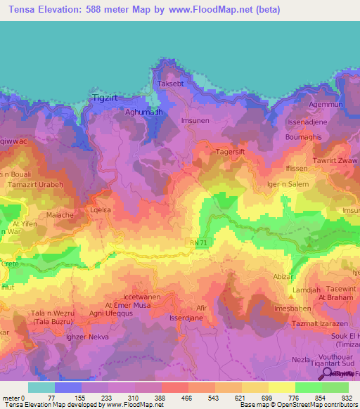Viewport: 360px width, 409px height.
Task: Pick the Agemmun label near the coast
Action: pos(326,104)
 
